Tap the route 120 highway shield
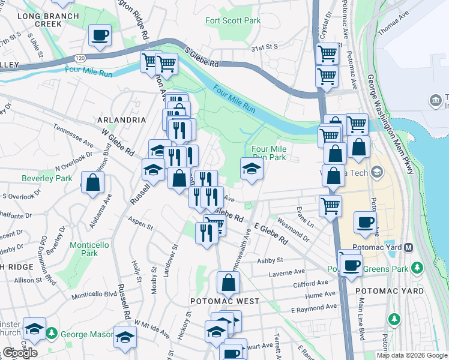(79, 58)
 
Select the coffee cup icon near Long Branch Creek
(100, 34)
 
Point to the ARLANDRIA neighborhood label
(121, 120)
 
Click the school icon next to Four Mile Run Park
(252, 169)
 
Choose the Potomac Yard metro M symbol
(409, 247)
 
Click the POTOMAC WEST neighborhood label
(225, 301)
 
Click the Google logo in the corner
(20, 353)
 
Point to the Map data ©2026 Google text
(411, 355)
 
